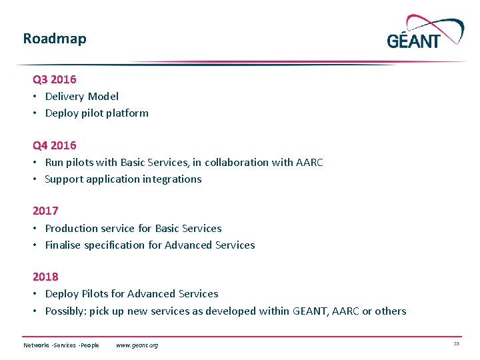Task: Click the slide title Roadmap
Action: point(55,39)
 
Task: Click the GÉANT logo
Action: point(425,33)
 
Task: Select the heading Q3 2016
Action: point(55,79)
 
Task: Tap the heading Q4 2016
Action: point(55,145)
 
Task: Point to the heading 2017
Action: point(45,211)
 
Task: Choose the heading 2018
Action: point(45,277)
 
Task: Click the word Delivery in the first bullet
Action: point(64,96)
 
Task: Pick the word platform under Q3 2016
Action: point(127,113)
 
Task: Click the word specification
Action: point(113,245)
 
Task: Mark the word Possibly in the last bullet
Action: point(65,311)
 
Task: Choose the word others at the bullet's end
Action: point(391,311)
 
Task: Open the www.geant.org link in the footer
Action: point(137,345)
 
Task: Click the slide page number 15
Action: point(456,343)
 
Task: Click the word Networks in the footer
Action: point(37,345)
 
